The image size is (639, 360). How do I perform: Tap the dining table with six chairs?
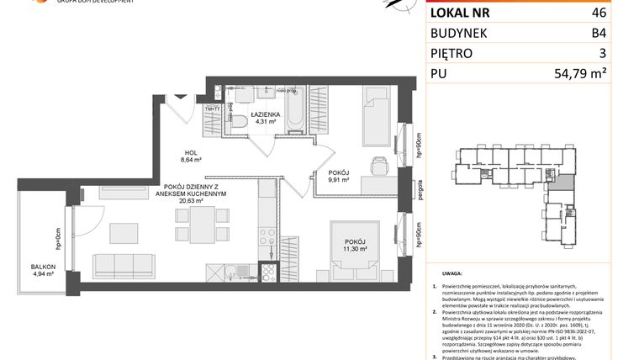point(204,225)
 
